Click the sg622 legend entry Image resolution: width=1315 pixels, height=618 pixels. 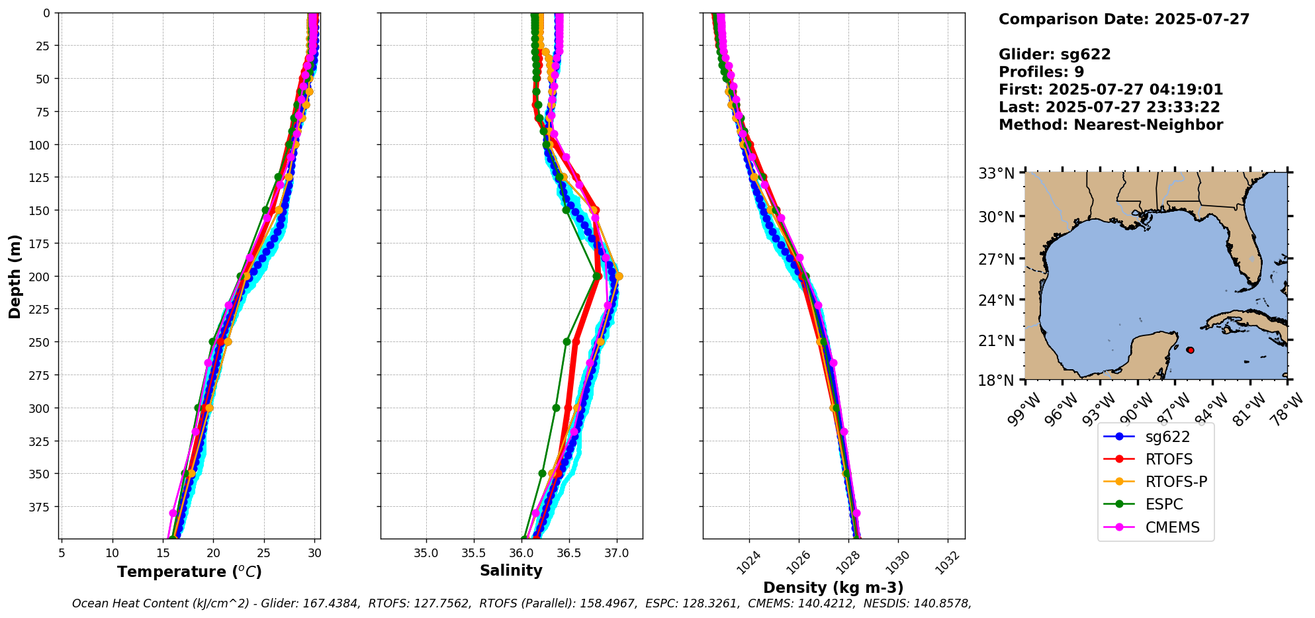click(x=1167, y=437)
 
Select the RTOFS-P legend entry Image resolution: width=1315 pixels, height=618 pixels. click(x=1175, y=482)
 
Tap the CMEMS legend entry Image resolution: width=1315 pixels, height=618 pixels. click(x=1172, y=527)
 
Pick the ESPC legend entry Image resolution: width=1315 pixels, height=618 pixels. click(x=1163, y=504)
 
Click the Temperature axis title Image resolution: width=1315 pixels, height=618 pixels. click(x=189, y=572)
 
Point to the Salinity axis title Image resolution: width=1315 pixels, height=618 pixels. click(x=511, y=570)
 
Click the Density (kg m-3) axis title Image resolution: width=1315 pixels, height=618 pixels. click(x=833, y=588)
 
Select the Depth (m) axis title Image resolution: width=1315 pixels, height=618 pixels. click(x=15, y=276)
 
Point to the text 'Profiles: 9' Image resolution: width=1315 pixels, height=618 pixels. click(x=1041, y=71)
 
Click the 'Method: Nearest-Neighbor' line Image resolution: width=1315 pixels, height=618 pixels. click(x=1111, y=124)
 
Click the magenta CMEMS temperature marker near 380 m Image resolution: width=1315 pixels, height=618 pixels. click(x=173, y=513)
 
